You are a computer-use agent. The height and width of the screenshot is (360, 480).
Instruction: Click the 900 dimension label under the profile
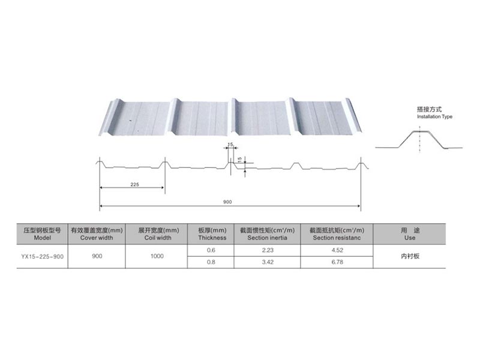click(227, 202)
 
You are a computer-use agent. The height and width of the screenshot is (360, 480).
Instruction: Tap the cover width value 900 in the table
click(97, 256)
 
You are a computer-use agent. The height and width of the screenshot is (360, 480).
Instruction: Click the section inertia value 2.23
click(268, 250)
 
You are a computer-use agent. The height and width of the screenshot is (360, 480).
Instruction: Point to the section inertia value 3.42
click(268, 262)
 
